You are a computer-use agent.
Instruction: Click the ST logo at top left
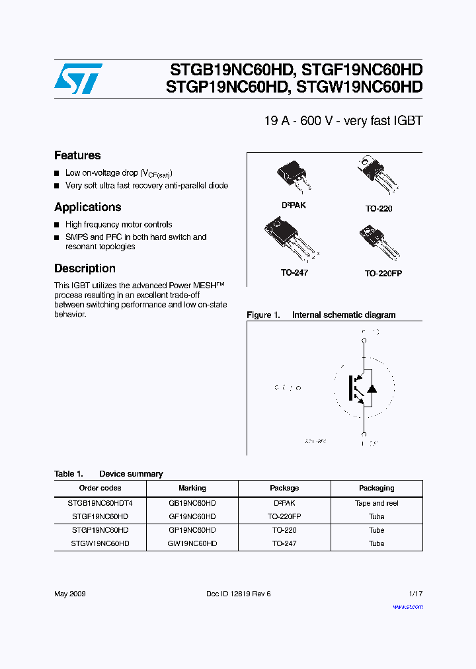pos(78,79)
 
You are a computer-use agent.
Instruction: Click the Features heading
pos(77,155)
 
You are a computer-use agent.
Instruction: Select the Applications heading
pos(87,207)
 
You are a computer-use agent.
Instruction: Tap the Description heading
pos(85,268)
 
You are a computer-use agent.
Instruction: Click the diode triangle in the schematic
pos(372,388)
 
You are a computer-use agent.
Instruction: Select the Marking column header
pos(192,488)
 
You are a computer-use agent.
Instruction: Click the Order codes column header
pos(100,488)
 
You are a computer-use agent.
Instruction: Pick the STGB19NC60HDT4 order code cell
pos(100,503)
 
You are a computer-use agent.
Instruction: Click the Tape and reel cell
pos(376,503)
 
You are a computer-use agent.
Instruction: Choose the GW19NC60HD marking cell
pos(192,543)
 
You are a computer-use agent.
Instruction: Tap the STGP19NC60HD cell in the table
pos(100,530)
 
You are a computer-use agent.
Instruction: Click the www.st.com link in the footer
pos(407,607)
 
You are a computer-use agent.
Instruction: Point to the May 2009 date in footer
pos(69,594)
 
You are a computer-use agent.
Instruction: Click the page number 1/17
pos(415,594)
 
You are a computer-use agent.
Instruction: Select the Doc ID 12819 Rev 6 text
pos(238,594)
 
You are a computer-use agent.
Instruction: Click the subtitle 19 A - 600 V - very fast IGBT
pos(342,121)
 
